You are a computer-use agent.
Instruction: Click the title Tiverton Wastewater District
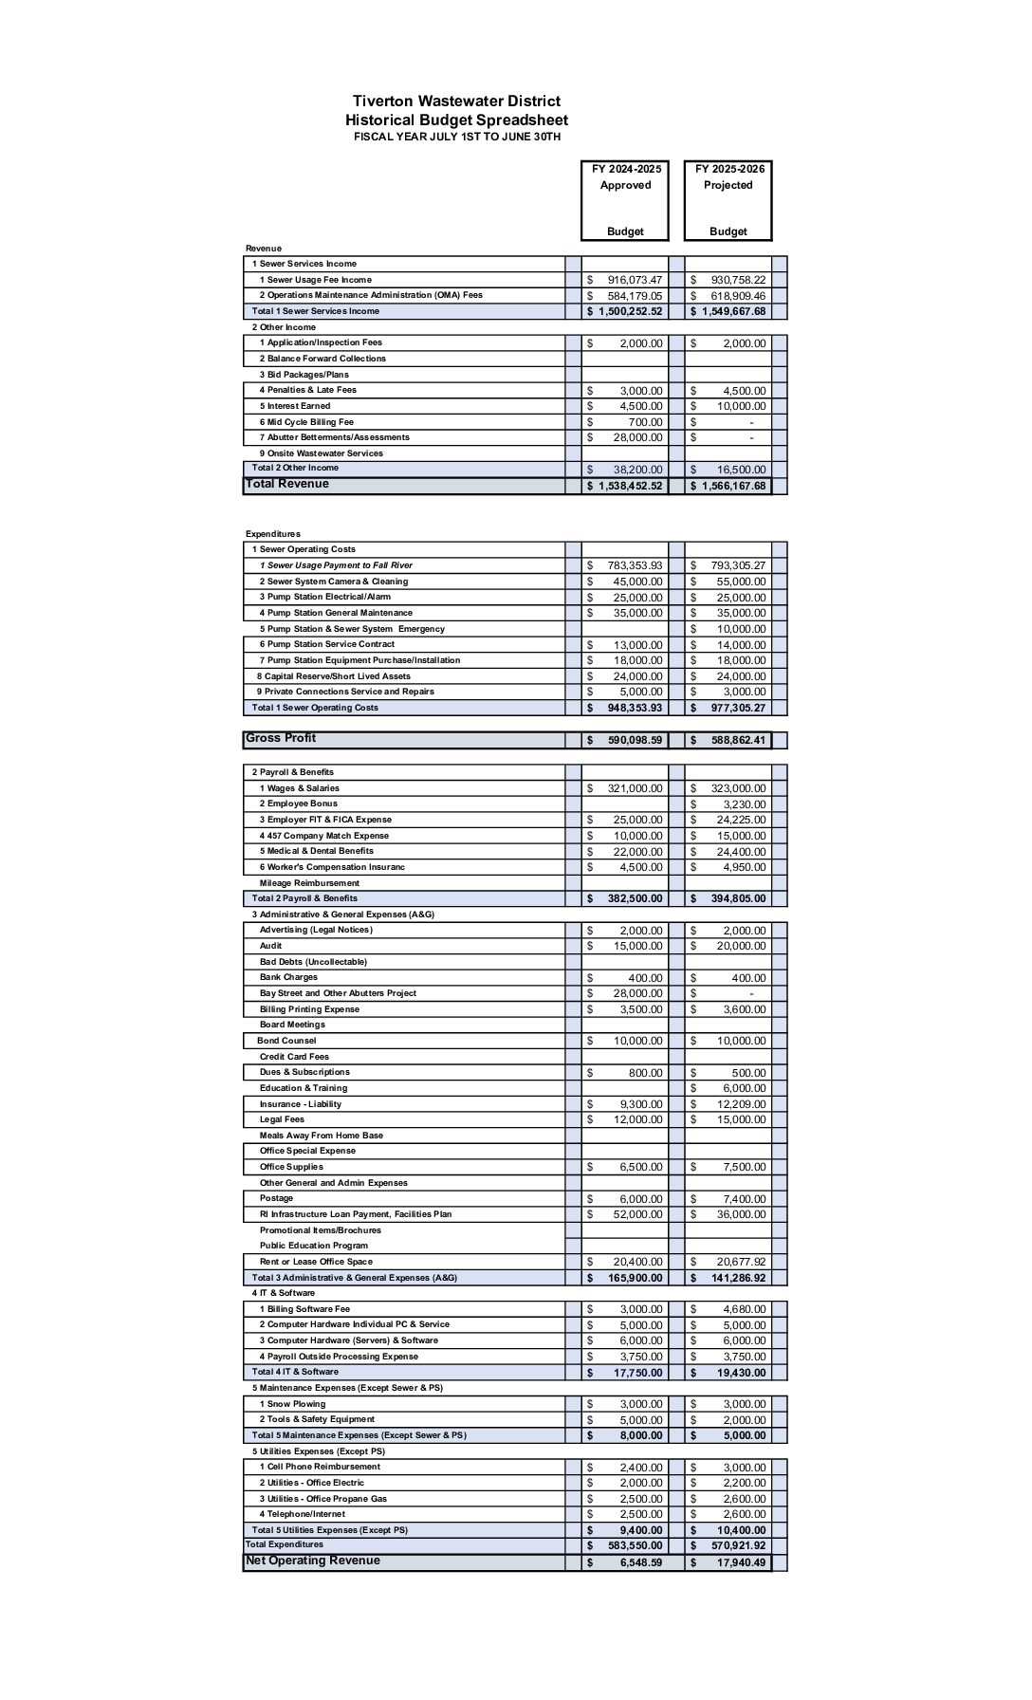click(456, 102)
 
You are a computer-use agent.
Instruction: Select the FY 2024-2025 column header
click(626, 169)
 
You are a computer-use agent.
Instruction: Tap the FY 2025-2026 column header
click(728, 169)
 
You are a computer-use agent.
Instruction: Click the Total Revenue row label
click(287, 484)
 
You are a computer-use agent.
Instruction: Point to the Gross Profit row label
click(281, 738)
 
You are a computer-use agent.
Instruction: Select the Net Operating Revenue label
click(312, 1561)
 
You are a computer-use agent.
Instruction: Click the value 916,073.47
click(635, 280)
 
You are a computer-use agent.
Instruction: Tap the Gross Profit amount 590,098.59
click(635, 740)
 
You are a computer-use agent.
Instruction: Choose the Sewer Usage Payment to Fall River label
click(336, 565)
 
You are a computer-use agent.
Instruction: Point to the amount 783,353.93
click(635, 565)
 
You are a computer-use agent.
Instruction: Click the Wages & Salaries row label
click(299, 788)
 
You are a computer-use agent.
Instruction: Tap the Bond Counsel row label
click(286, 1041)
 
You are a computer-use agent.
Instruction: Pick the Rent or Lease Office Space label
click(316, 1262)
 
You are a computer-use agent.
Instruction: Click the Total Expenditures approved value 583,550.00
click(635, 1545)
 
